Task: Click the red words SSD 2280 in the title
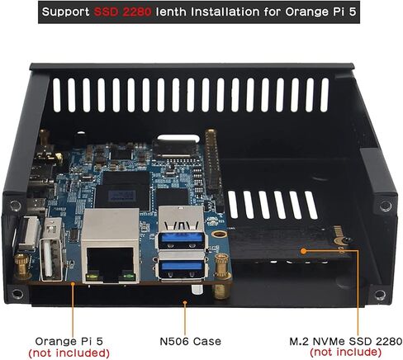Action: (x=122, y=12)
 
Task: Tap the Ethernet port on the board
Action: (x=111, y=246)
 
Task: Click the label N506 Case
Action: (x=190, y=342)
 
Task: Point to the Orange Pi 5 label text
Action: (x=69, y=341)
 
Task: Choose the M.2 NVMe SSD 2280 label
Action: (x=346, y=341)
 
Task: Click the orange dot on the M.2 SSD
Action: (x=303, y=251)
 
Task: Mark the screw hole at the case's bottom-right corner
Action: (x=380, y=295)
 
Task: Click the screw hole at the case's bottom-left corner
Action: (x=17, y=294)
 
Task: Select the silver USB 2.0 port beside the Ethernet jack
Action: (x=51, y=249)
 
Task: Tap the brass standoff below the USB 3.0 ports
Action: (x=221, y=276)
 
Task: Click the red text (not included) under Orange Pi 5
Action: (x=69, y=353)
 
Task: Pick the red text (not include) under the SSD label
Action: (x=346, y=352)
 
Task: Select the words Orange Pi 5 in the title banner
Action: (x=320, y=12)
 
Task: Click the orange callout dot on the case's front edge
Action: (x=185, y=302)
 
